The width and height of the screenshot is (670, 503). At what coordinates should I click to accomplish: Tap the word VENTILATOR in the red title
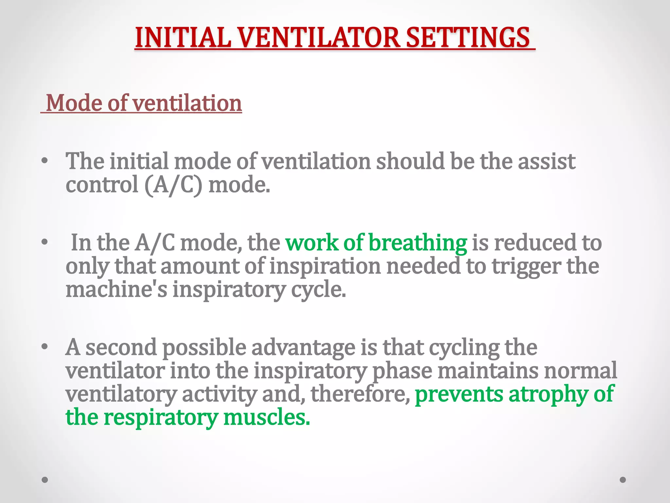pos(319,38)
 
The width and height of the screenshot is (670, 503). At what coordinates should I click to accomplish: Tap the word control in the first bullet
pos(102,185)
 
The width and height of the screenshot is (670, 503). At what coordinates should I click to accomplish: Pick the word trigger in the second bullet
pos(526,267)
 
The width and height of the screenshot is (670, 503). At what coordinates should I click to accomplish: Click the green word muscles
pos(266,418)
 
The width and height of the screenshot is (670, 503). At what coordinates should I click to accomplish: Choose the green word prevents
pos(459,394)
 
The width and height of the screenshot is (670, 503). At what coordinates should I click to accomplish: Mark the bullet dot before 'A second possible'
pos(45,347)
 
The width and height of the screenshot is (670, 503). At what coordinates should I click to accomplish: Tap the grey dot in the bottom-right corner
pos(623,480)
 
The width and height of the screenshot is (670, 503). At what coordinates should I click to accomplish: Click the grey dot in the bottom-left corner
pos(45,480)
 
